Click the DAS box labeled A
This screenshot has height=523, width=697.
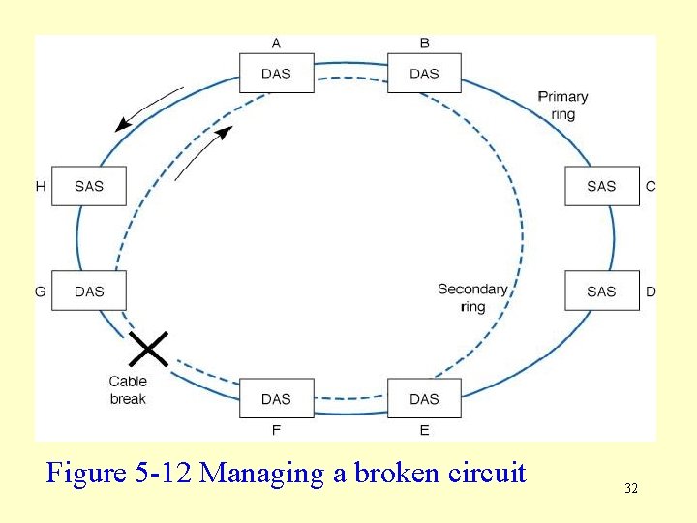click(x=276, y=74)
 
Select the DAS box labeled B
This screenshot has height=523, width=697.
click(x=424, y=74)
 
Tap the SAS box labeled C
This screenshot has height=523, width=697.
click(x=601, y=186)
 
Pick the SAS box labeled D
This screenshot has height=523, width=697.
click(x=601, y=291)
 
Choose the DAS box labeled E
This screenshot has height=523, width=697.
click(x=424, y=398)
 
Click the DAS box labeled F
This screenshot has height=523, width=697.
click(x=276, y=398)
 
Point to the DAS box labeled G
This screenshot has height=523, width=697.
click(x=89, y=291)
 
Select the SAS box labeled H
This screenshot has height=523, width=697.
click(x=89, y=186)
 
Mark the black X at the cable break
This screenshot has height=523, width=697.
click(x=148, y=349)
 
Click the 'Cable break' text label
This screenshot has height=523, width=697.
click(x=128, y=390)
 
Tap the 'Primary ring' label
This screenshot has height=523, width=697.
click(x=562, y=106)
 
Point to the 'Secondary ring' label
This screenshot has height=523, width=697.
click(x=472, y=297)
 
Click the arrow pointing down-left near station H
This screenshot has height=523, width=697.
click(x=147, y=109)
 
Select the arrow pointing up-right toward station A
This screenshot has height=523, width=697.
click(x=202, y=152)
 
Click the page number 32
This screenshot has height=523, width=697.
click(x=631, y=489)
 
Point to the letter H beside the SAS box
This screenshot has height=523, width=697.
click(x=41, y=186)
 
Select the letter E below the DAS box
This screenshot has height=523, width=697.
click(x=424, y=429)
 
